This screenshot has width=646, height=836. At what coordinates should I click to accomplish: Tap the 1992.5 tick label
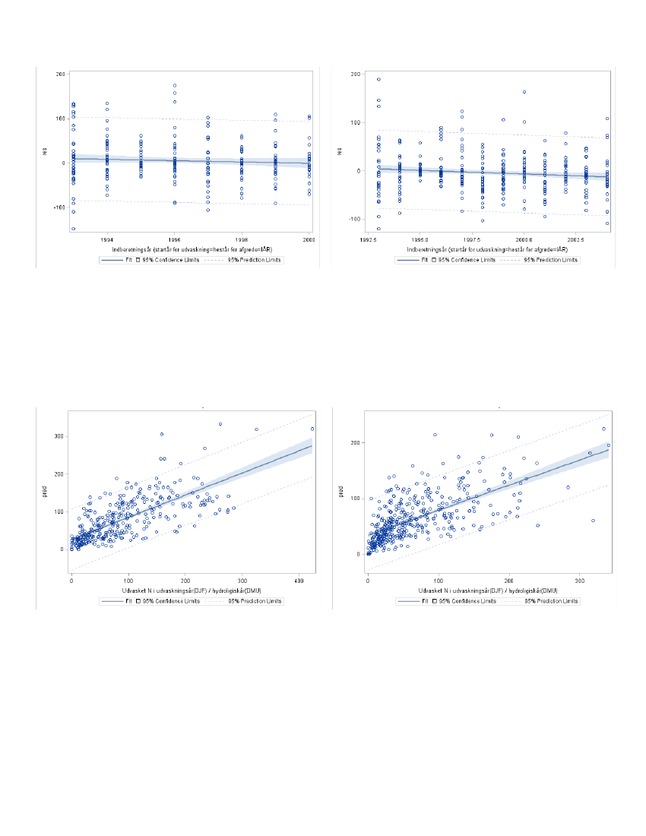pos(369,237)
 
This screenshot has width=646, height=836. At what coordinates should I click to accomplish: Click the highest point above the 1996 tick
pos(175,86)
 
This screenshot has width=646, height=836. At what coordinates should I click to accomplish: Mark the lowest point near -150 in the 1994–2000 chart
pos(74,229)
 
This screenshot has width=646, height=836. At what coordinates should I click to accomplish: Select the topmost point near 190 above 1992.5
pos(378,79)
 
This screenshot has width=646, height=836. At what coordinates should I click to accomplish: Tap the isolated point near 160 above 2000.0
pos(524,92)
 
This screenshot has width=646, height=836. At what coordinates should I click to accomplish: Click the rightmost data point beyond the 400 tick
pos(312,429)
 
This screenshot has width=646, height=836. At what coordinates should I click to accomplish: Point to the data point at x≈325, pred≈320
pos(256,429)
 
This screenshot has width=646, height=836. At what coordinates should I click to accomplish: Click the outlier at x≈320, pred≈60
pos(593,521)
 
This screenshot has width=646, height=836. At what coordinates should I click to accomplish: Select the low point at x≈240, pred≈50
pos(537,525)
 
